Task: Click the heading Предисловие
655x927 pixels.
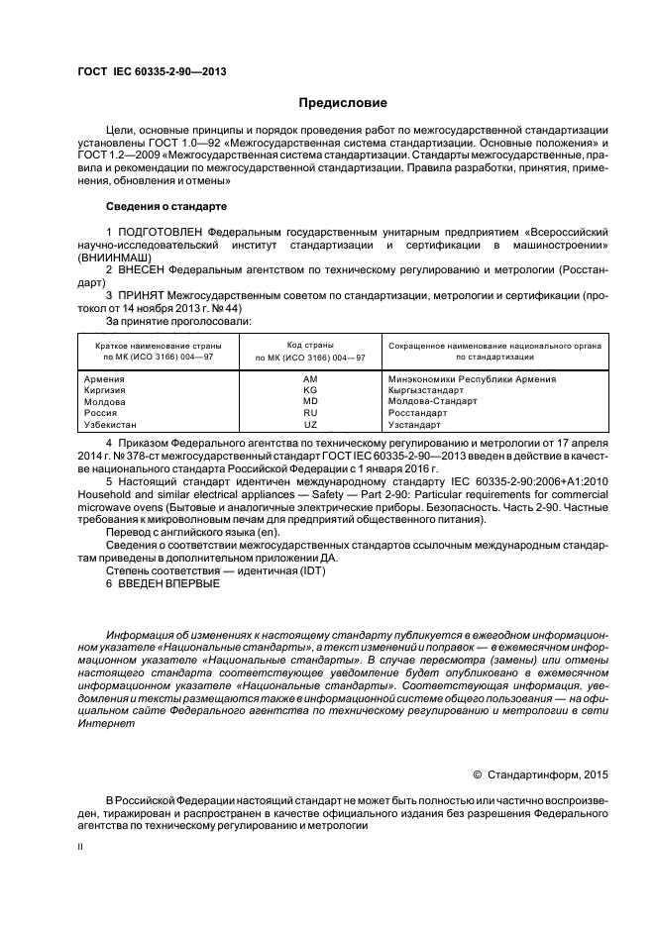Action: pos(343,103)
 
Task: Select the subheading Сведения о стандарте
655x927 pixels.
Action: pos(166,207)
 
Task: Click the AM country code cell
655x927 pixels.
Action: pos(310,379)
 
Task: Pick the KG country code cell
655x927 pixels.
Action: pos(310,390)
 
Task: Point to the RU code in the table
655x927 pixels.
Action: pos(310,412)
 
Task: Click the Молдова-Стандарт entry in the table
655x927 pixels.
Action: pos(431,401)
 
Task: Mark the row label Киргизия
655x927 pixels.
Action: pos(105,390)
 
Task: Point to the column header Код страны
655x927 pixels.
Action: pos(310,344)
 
